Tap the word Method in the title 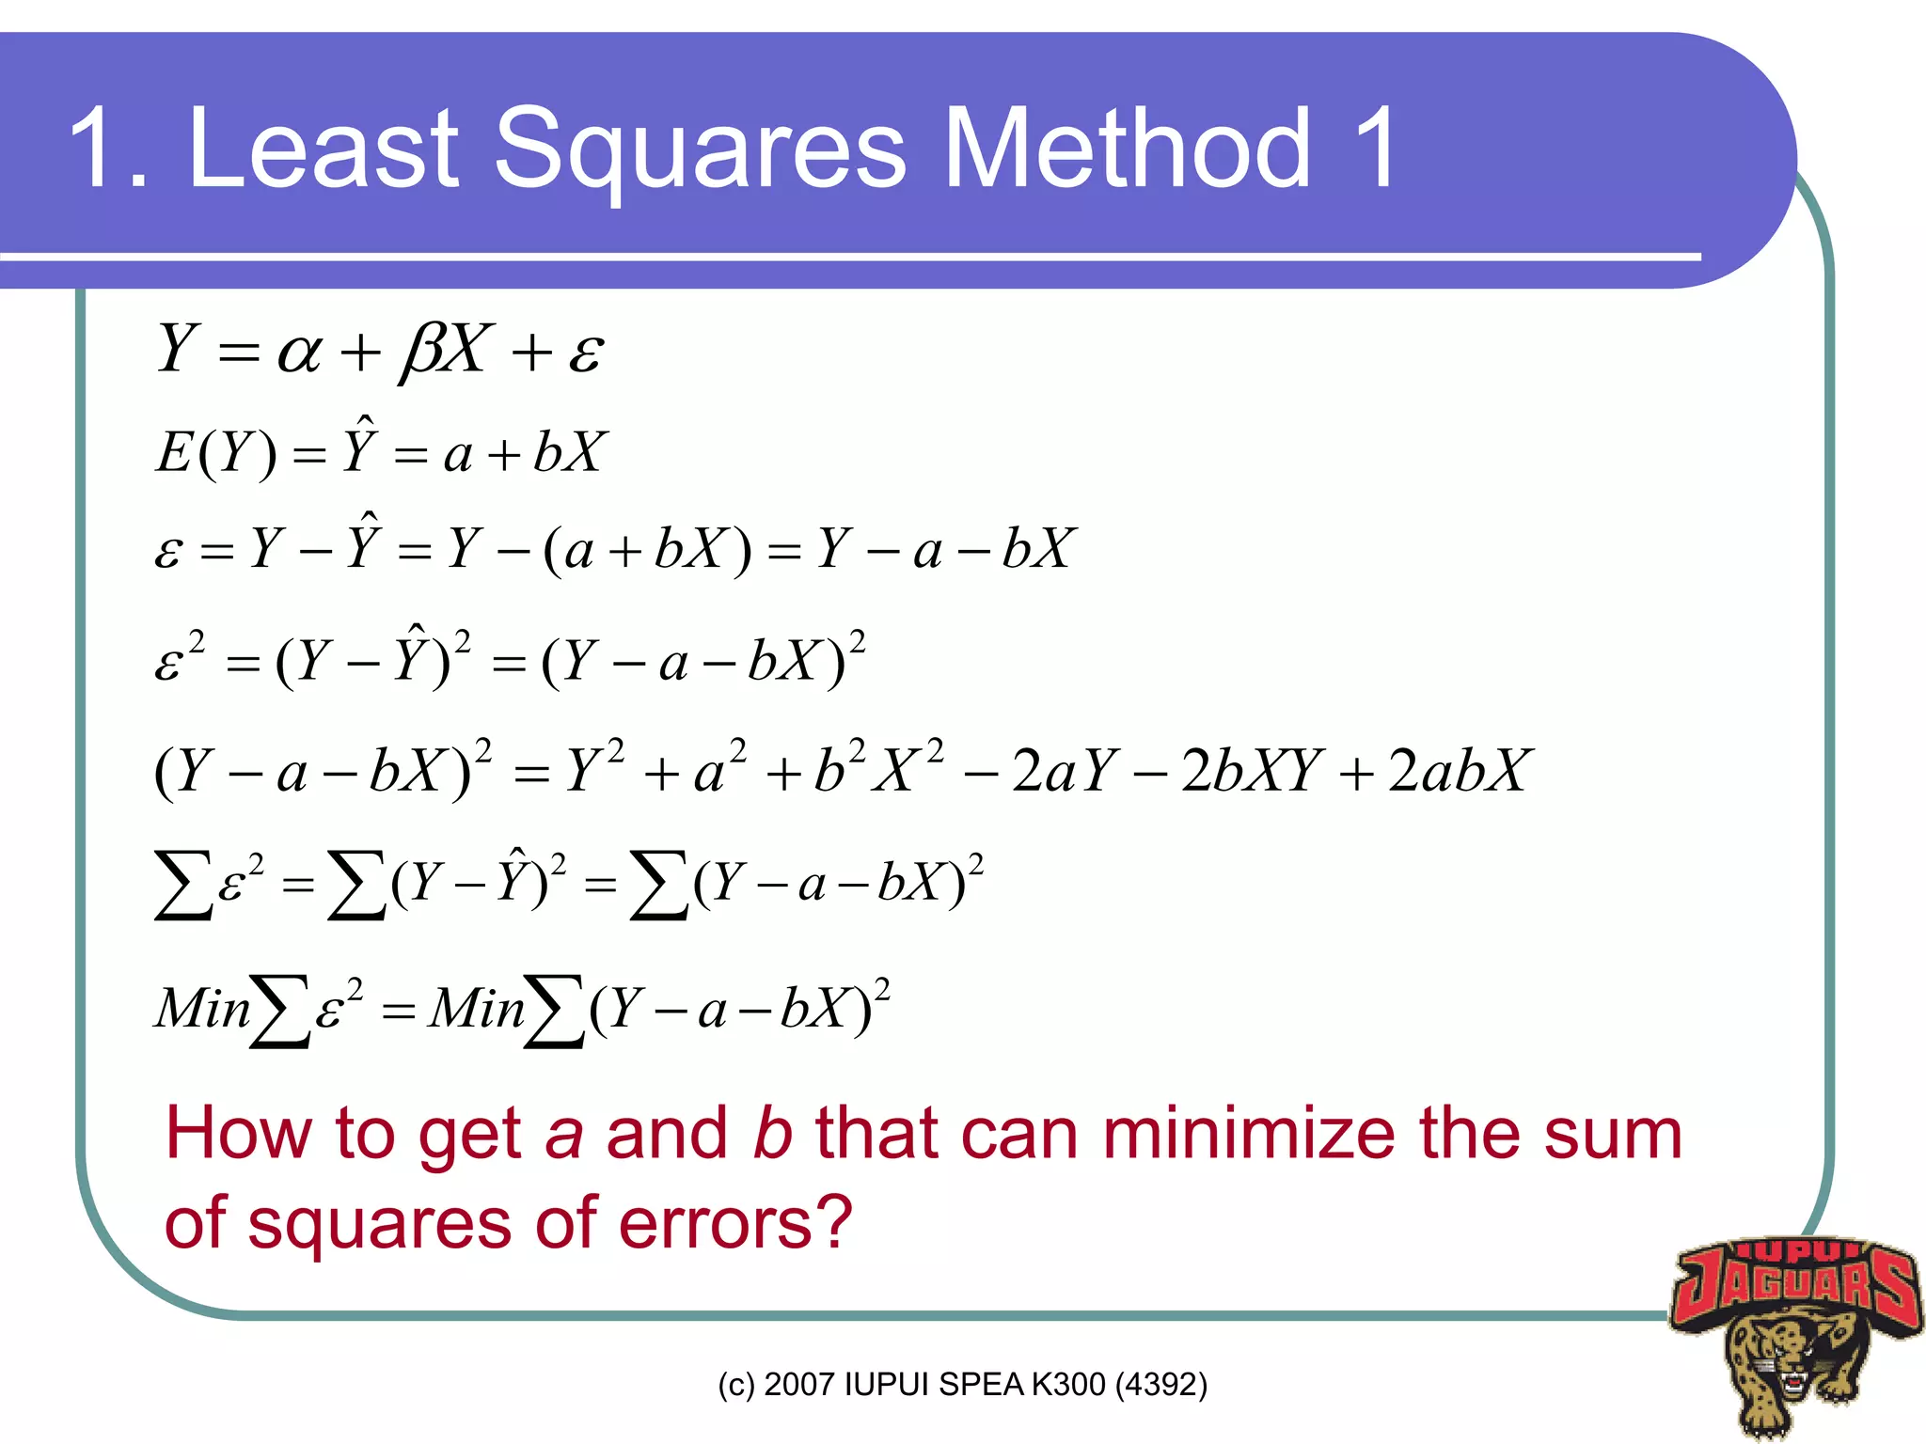(1126, 148)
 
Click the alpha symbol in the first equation (299, 353)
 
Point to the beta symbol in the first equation (420, 352)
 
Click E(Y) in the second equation (216, 453)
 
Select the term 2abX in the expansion (1460, 771)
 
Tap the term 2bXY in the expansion (1252, 771)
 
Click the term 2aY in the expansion (1066, 771)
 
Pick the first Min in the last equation (203, 1008)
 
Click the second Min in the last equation (476, 1008)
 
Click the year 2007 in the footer (799, 1384)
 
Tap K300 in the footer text (1068, 1384)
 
